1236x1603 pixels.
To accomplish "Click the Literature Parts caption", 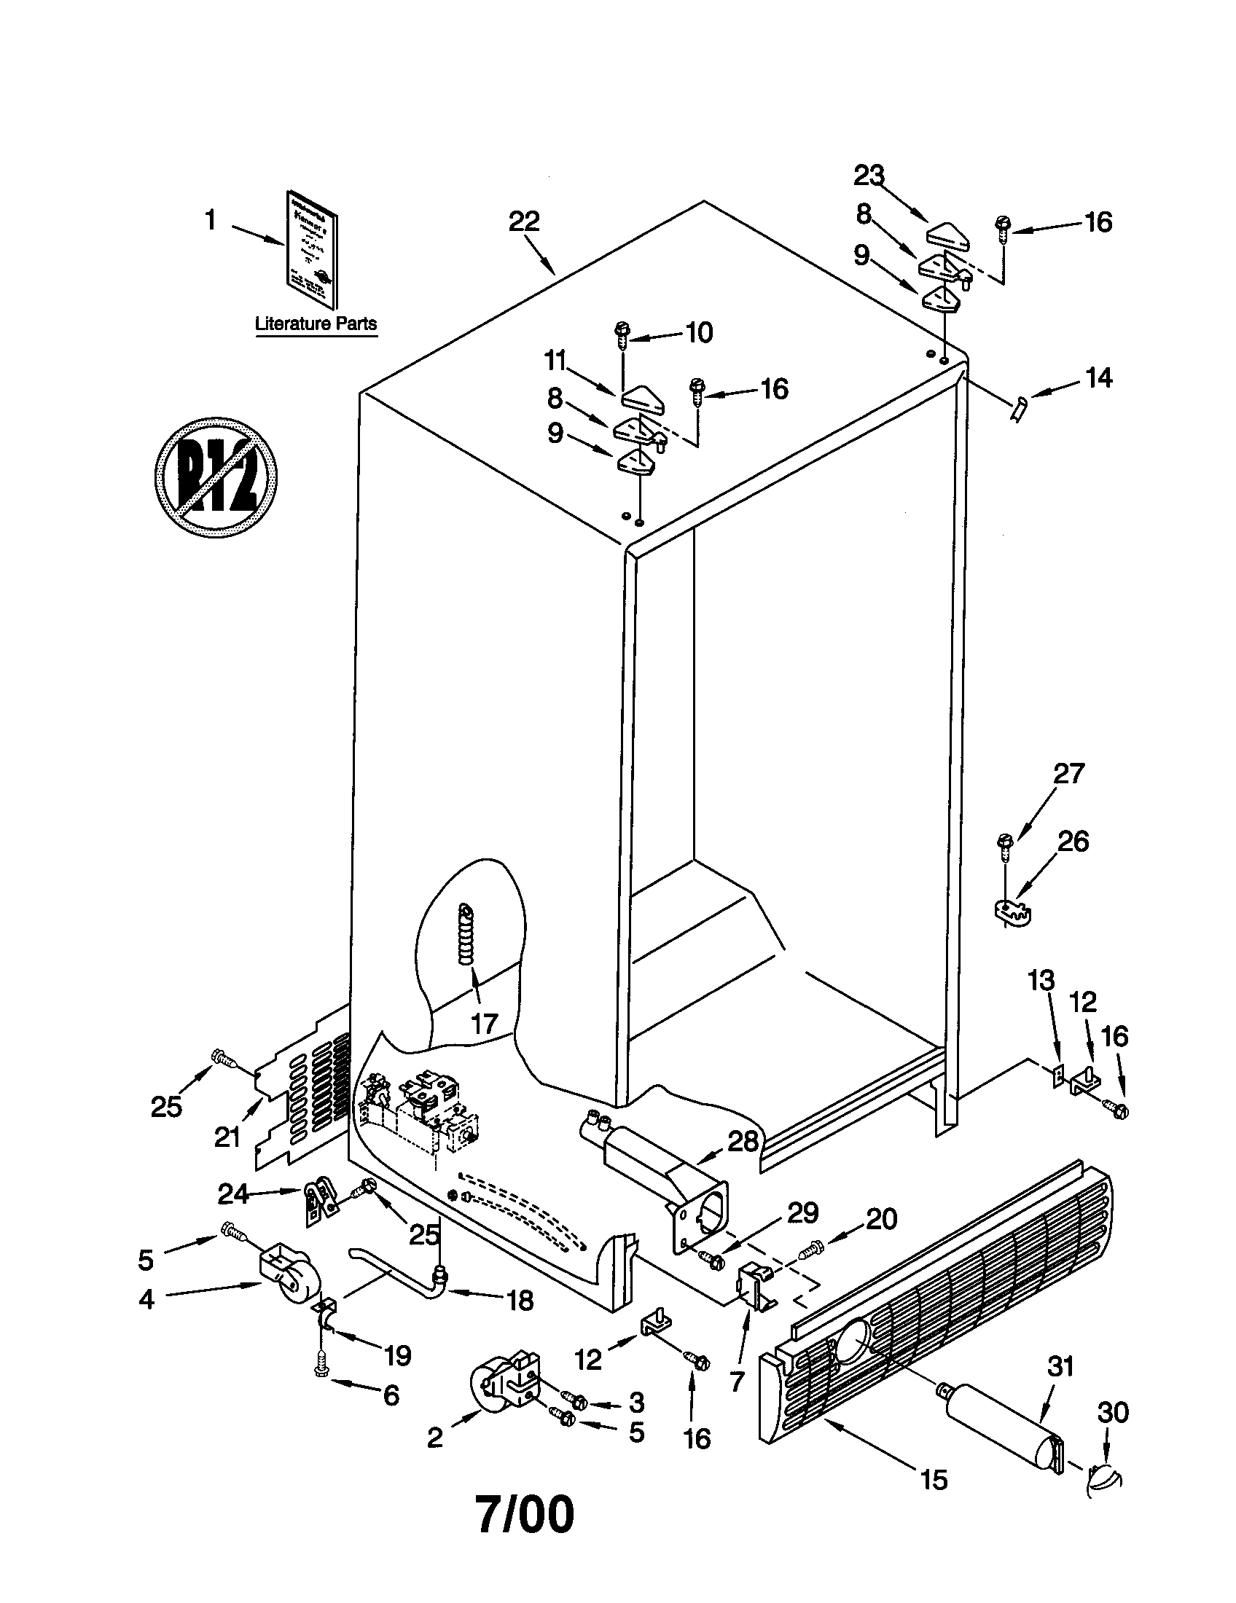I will [x=316, y=323].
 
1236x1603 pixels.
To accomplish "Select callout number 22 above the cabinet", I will [x=524, y=221].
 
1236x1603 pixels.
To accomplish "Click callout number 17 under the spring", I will [x=484, y=1023].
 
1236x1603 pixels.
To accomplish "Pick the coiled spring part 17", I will [x=465, y=936].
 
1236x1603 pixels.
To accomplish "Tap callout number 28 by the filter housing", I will [x=743, y=1142].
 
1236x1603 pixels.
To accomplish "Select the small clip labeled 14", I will [x=1019, y=407].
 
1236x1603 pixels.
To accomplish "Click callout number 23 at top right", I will [x=869, y=176].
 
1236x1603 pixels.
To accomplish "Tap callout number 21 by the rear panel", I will [x=227, y=1137].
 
